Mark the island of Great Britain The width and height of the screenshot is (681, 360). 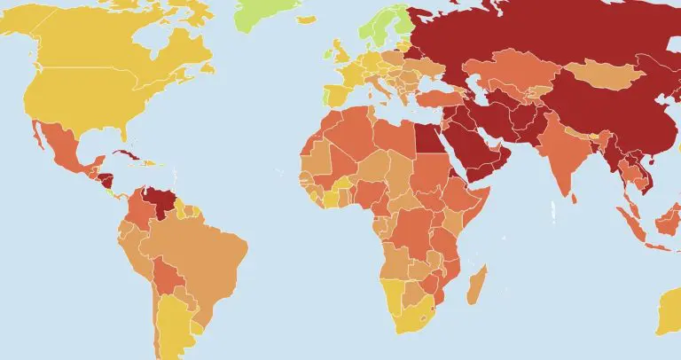click(x=339, y=55)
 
